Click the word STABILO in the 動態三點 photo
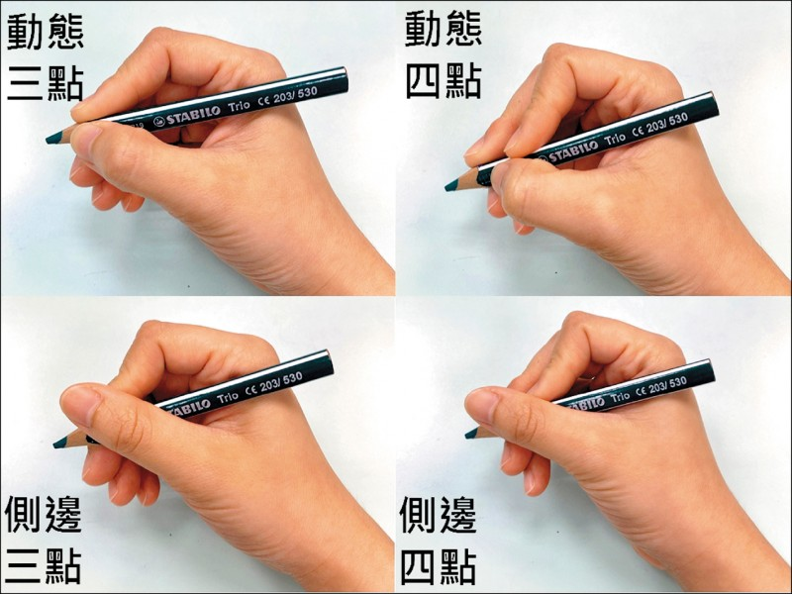(192, 115)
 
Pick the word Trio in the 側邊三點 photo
(228, 398)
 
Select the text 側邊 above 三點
(43, 514)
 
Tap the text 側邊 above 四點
(438, 515)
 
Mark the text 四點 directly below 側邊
(438, 566)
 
